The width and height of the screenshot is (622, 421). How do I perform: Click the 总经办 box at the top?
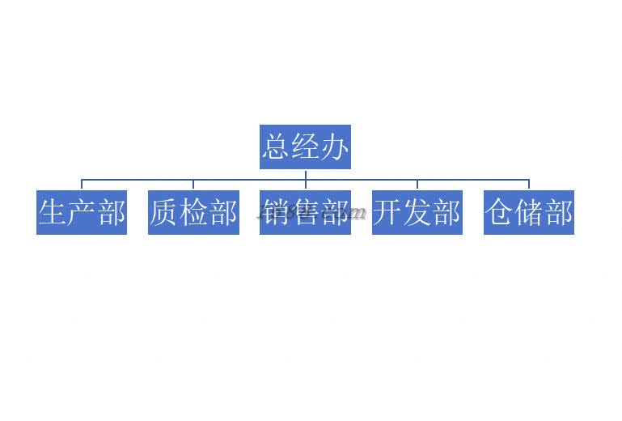coord(305,147)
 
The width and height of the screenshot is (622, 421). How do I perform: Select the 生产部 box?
coord(82,212)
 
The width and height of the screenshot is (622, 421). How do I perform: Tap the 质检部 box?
coord(193,212)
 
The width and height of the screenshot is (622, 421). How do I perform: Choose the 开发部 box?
coord(417,212)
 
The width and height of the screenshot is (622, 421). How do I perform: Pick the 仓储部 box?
coord(529,212)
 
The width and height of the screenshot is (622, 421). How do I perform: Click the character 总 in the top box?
coord(276,147)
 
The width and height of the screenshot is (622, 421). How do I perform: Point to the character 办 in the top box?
coord(335,147)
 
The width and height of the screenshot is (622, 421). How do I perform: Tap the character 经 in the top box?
coord(305,147)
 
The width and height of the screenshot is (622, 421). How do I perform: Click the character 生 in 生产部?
coord(53,213)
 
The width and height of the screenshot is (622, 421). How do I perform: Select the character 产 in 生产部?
coord(82,213)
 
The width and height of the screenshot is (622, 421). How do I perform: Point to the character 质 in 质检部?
coord(164,213)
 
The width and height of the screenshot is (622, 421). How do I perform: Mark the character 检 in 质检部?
coord(193,213)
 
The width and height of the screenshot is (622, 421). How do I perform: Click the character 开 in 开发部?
coord(387,213)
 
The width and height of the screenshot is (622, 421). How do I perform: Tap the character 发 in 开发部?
coord(417,213)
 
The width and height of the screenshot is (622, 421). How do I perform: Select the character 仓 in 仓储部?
coord(500,213)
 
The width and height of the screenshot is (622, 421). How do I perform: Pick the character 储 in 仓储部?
coord(529,213)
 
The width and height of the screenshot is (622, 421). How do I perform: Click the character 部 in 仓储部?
coord(559,213)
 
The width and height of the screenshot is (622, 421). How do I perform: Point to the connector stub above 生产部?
coord(82,185)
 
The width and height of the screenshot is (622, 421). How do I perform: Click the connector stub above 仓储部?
coord(529,185)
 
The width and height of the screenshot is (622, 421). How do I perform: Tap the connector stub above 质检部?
coord(193,185)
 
